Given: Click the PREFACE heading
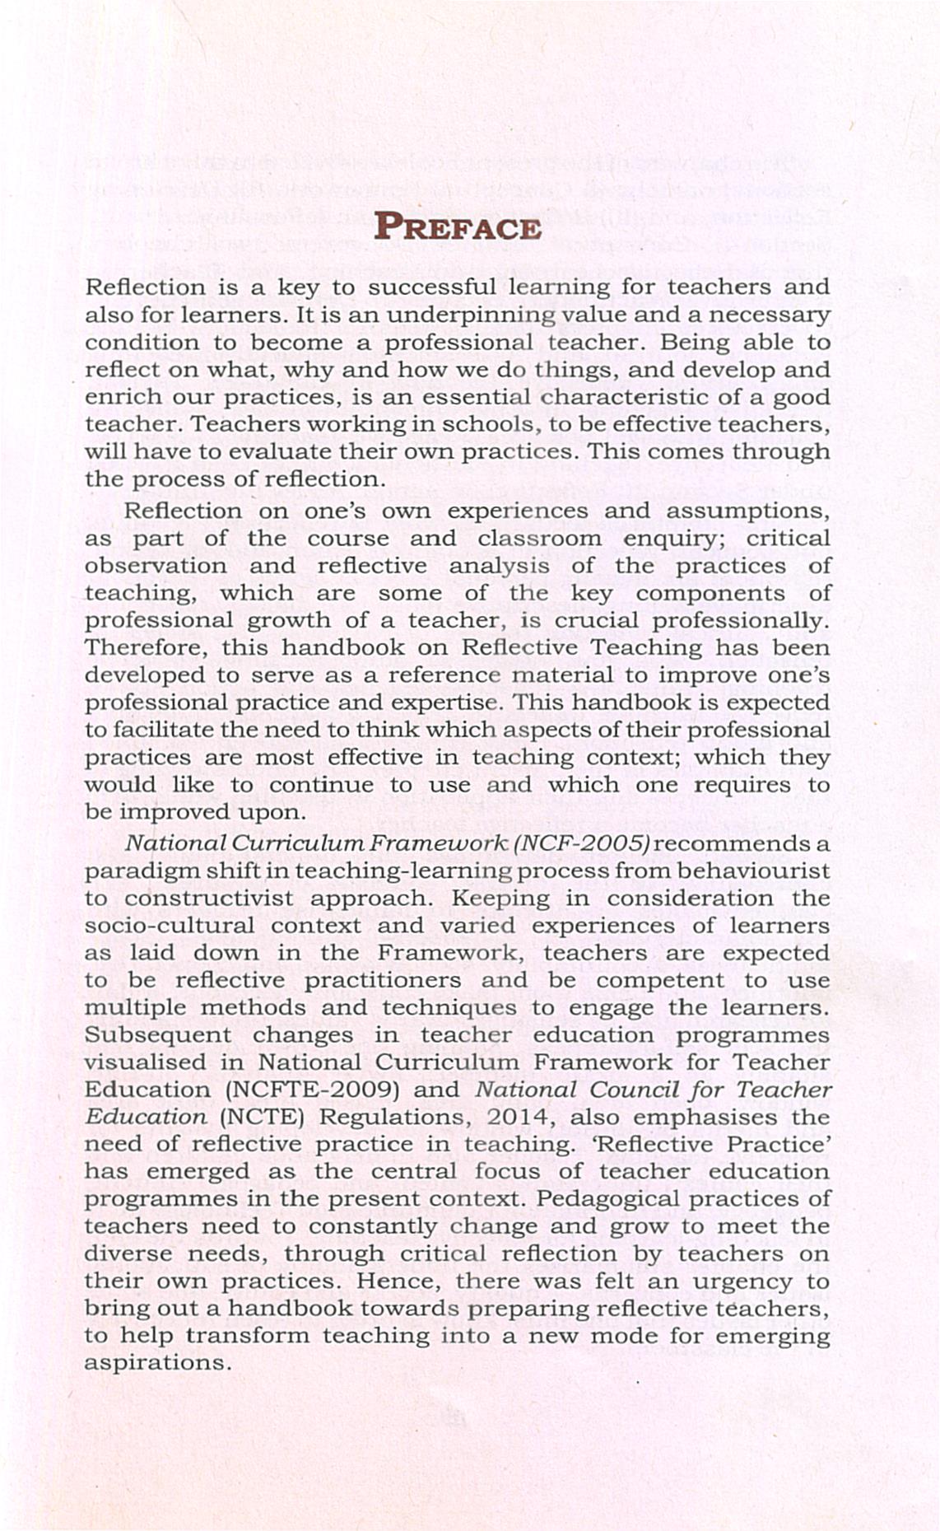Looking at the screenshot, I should (x=458, y=226).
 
